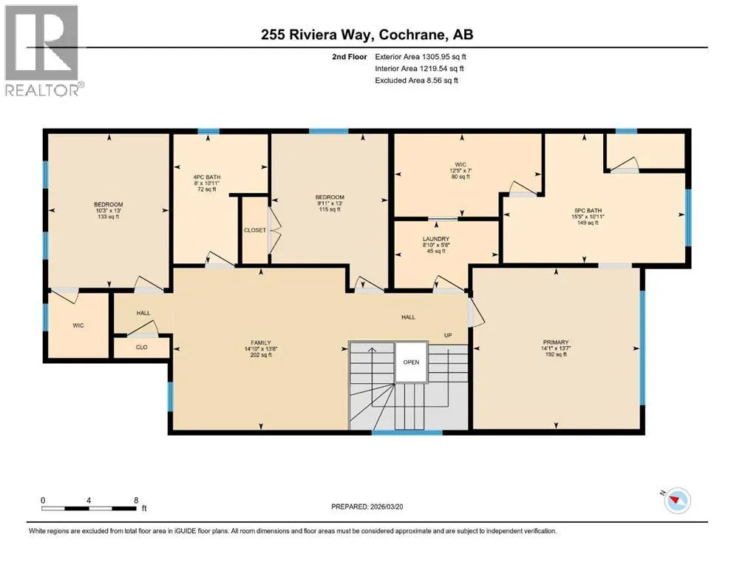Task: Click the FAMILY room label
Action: click(x=261, y=342)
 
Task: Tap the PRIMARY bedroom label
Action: click(x=556, y=342)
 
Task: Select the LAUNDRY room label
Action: click(x=436, y=239)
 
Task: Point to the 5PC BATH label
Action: click(x=588, y=211)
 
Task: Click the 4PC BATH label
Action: click(x=207, y=177)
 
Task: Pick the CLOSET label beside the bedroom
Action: click(x=255, y=231)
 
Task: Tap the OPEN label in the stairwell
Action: click(x=412, y=362)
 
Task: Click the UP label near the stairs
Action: click(x=448, y=335)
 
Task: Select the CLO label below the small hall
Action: click(x=141, y=348)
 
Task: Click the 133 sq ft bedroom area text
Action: click(x=109, y=217)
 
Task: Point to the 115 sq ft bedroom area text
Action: click(x=330, y=209)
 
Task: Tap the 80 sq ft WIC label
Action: click(x=461, y=177)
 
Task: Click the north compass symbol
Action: click(x=676, y=500)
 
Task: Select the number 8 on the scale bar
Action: click(x=136, y=500)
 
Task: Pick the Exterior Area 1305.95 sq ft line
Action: click(x=421, y=57)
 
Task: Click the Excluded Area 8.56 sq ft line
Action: click(x=417, y=80)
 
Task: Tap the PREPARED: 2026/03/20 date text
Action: click(x=367, y=507)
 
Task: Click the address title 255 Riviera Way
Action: click(x=318, y=35)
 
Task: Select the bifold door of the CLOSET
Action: click(x=273, y=231)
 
